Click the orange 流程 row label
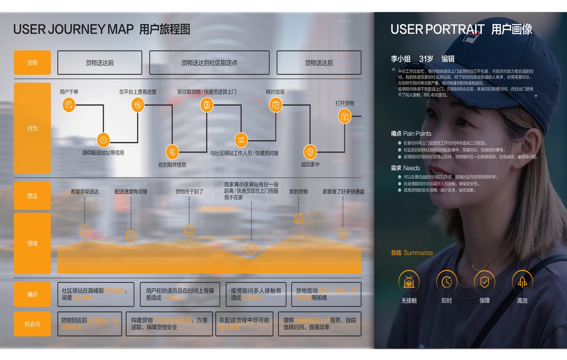[32, 63]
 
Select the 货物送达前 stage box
[99, 63]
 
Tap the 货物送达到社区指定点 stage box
[209, 63]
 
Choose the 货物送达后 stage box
[319, 63]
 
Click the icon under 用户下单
[69, 105]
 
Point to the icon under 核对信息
[275, 105]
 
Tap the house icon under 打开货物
[345, 116]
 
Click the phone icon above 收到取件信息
[172, 152]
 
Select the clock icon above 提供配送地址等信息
[103, 140]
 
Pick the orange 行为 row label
[32, 128]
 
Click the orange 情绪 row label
[32, 243]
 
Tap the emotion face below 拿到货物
[298, 219]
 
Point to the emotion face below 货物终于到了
[189, 230]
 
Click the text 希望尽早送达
[85, 192]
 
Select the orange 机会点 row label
[32, 324]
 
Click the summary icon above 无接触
[409, 282]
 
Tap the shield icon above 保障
[484, 282]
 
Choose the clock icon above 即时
[446, 282]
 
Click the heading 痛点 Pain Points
[411, 134]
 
